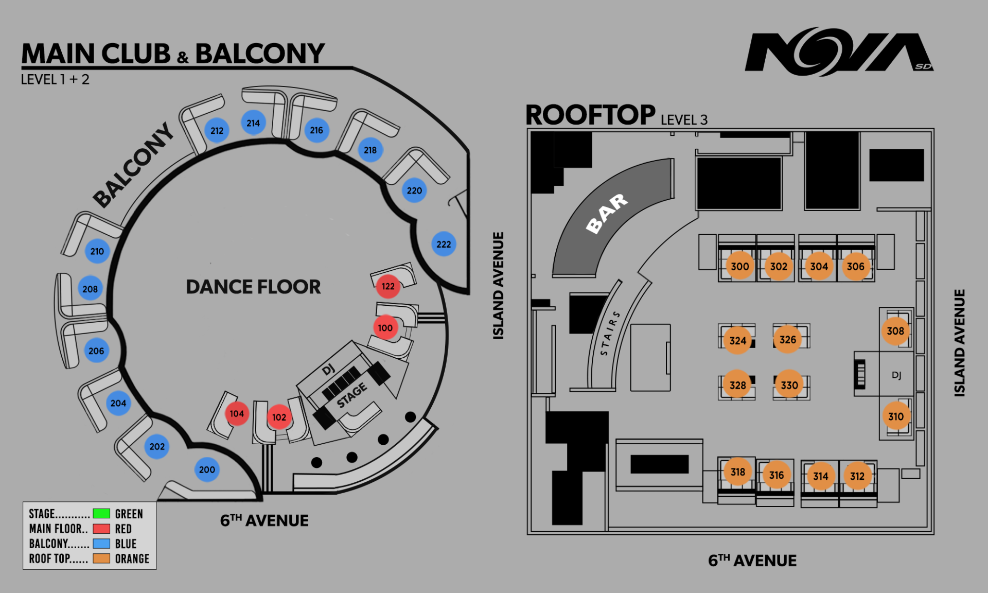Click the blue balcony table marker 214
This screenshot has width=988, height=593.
click(253, 123)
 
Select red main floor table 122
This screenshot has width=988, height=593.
click(388, 286)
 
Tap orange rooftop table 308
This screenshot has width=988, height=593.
click(895, 331)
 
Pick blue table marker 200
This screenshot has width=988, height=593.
click(207, 469)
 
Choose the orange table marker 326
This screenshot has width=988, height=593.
click(787, 339)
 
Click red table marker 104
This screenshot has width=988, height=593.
click(237, 413)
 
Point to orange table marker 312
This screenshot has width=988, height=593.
click(857, 476)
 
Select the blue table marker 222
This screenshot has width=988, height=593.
click(444, 244)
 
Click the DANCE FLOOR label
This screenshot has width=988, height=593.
click(253, 287)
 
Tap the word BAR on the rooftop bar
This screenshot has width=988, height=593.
click(607, 213)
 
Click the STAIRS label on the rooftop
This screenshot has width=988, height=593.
click(610, 334)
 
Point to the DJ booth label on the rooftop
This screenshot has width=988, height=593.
click(896, 375)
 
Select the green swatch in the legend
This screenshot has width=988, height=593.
click(101, 513)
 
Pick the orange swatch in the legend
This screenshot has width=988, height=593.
click(101, 559)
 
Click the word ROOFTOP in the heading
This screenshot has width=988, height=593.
click(590, 115)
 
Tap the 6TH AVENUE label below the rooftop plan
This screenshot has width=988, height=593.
click(752, 561)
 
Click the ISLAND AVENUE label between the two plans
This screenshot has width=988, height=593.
click(498, 285)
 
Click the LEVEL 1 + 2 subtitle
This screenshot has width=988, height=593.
click(55, 79)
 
